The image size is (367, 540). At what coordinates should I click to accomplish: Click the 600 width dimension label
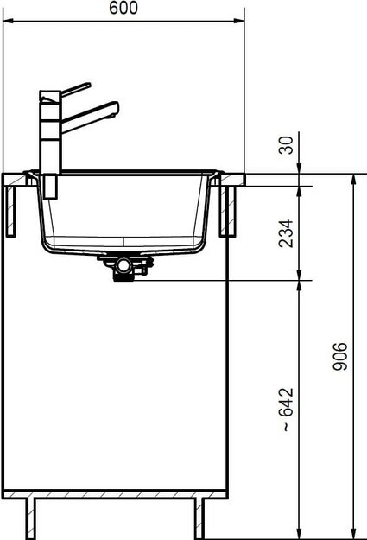point(123,8)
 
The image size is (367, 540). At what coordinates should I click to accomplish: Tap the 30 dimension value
point(287,145)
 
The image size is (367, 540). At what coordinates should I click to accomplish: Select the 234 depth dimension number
point(287,233)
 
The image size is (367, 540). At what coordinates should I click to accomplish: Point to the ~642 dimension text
point(287,410)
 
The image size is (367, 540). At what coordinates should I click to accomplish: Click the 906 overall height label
point(340,357)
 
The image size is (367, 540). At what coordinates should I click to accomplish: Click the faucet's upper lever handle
point(76,89)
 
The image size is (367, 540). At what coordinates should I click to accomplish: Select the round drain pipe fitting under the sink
point(123,265)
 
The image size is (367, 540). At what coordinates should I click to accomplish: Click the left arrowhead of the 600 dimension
point(8,21)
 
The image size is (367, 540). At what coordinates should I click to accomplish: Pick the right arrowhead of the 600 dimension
point(239,21)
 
